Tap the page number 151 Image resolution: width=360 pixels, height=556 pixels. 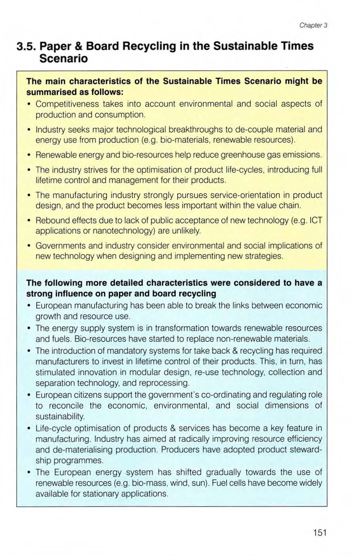(319, 532)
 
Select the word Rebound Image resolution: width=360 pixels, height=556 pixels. (52, 220)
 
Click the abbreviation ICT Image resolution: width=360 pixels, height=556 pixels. (316, 220)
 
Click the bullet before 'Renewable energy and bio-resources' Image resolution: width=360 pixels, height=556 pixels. (30, 154)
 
